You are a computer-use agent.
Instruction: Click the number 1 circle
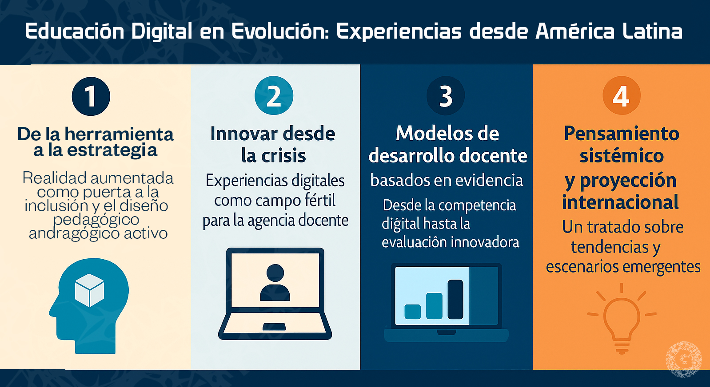[x=91, y=96]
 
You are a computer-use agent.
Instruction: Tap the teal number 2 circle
[x=274, y=96]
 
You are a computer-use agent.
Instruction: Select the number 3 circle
[x=446, y=96]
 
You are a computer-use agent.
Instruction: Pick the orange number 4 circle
[x=621, y=96]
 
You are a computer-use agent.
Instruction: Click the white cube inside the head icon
[x=89, y=290]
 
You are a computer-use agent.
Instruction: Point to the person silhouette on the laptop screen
[x=275, y=283]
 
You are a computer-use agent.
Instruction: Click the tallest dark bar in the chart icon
[x=455, y=299]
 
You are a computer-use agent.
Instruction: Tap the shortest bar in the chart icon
[x=413, y=312]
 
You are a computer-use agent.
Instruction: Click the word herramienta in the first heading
[x=119, y=134]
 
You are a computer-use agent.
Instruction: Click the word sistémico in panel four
[x=622, y=156]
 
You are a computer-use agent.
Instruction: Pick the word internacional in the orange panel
[x=620, y=202]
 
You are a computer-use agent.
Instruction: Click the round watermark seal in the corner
[x=683, y=359]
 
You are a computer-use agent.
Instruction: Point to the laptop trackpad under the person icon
[x=274, y=327]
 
